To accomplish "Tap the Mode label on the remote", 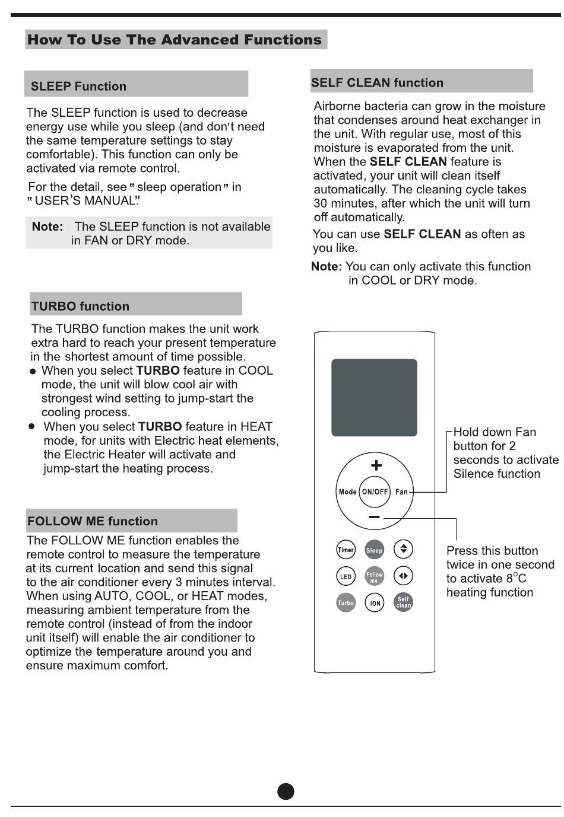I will coord(347,492).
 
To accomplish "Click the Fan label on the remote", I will coord(402,492).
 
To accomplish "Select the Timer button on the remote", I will coord(346,550).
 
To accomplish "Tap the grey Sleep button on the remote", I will coord(374,550).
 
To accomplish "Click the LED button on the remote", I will coord(346,576).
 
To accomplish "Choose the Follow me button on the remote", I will coord(374,576).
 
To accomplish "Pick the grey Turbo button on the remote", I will coord(346,603).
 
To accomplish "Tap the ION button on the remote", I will coord(375,604).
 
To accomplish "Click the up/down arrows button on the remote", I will coord(403,549).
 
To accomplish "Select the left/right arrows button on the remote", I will coord(403,576).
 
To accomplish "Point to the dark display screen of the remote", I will coord(374,397).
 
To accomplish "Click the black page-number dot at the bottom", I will coord(286,792).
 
